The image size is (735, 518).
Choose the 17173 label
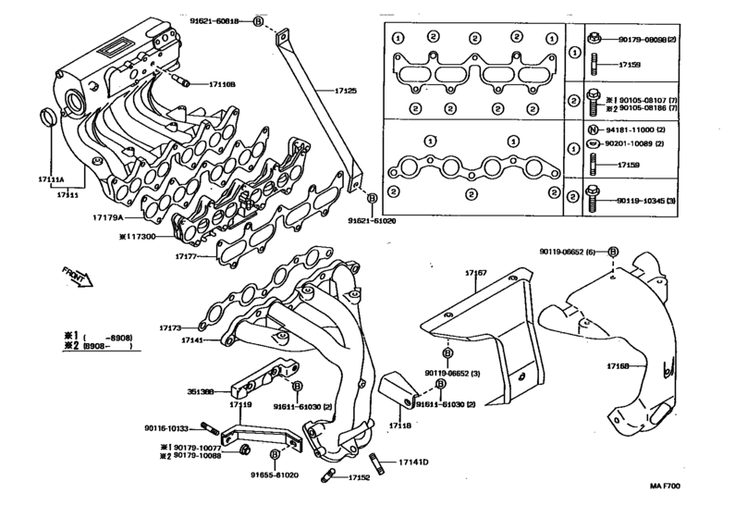(x=171, y=327)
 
